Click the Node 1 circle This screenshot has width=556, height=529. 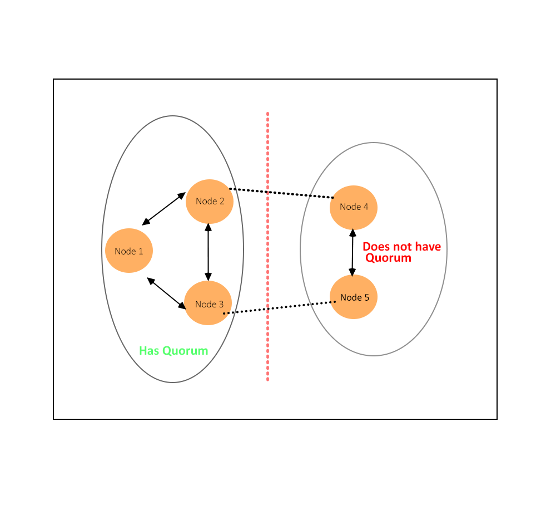coord(128,251)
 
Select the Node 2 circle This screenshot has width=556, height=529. coord(209,201)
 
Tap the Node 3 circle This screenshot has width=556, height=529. coord(208,303)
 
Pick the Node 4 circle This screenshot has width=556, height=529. coord(354,207)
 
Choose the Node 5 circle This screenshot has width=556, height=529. coord(354,297)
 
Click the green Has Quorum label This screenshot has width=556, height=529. coord(173,351)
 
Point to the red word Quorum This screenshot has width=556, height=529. coord(388,258)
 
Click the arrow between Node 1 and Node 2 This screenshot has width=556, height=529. coord(163,209)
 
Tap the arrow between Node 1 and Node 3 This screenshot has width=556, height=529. coord(167,293)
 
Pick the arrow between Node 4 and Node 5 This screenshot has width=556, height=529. coord(353,252)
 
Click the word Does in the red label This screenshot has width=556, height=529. coord(375,247)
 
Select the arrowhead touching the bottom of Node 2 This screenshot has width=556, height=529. coord(208,227)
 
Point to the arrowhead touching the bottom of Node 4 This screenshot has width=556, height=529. coord(353,232)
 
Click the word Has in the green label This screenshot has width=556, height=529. coord(148,351)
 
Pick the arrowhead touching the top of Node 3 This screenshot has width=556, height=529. coord(208,277)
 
